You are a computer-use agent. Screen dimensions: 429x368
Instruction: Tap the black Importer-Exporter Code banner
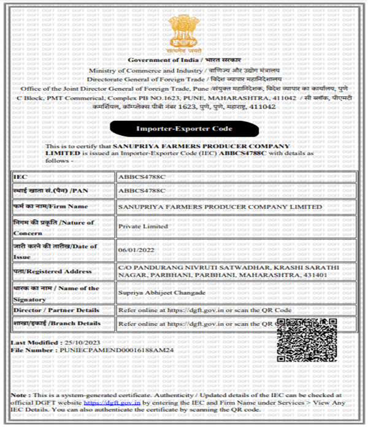click(x=183, y=129)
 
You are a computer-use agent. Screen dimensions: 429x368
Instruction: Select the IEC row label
click(x=20, y=177)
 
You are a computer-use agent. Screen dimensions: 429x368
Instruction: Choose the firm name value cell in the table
click(x=219, y=207)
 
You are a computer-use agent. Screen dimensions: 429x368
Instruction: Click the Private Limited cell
click(x=142, y=226)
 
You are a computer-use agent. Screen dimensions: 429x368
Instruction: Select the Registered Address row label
click(x=52, y=271)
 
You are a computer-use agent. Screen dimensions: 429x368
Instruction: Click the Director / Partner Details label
click(x=55, y=311)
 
